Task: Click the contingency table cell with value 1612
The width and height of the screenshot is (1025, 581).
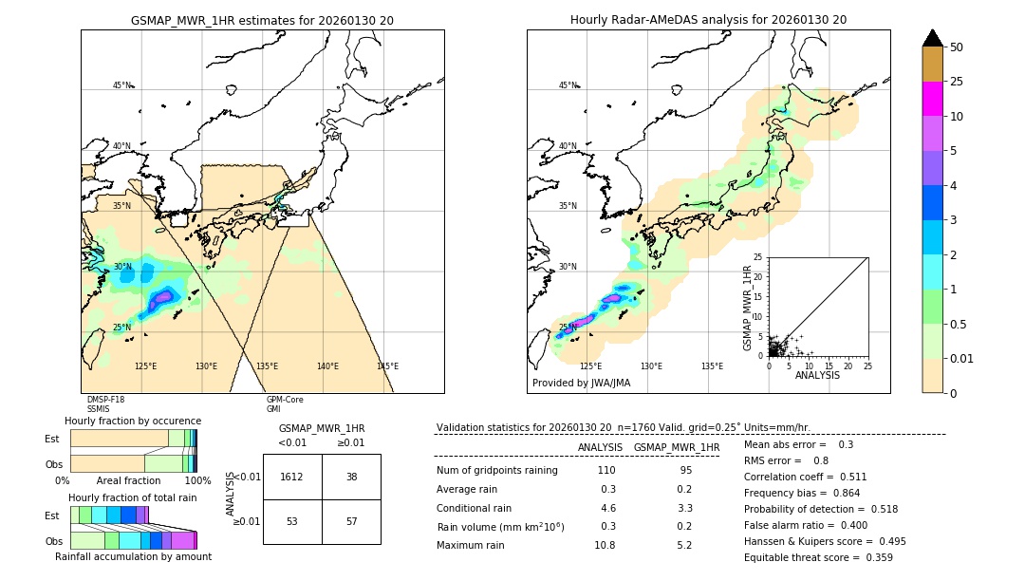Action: (292, 477)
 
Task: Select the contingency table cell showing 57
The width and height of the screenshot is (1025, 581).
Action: (351, 521)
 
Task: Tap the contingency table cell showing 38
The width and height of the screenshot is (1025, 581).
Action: (351, 477)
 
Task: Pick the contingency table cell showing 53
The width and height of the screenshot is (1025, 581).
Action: (292, 521)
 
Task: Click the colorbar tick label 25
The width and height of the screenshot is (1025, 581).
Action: (957, 82)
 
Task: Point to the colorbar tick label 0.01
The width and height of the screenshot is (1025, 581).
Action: (962, 358)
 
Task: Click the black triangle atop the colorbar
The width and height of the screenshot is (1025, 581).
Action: (933, 38)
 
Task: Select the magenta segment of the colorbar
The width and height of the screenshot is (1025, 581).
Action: (933, 99)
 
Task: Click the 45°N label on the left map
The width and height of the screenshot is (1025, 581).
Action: (121, 85)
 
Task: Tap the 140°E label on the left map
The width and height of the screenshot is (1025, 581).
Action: (327, 366)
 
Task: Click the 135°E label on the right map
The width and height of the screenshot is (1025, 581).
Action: (712, 366)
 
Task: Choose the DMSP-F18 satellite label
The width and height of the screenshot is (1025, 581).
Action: (105, 400)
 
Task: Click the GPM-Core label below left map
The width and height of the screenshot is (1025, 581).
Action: (285, 400)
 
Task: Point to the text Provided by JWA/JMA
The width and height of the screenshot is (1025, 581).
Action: (581, 383)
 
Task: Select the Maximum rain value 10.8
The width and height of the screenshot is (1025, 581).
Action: (605, 545)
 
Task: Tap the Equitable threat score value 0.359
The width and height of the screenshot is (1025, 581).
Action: (873, 557)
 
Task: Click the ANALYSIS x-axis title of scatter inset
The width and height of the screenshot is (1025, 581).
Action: (817, 375)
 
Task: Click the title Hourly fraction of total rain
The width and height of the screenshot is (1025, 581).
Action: (133, 497)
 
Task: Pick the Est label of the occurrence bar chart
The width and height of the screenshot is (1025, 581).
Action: (52, 439)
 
